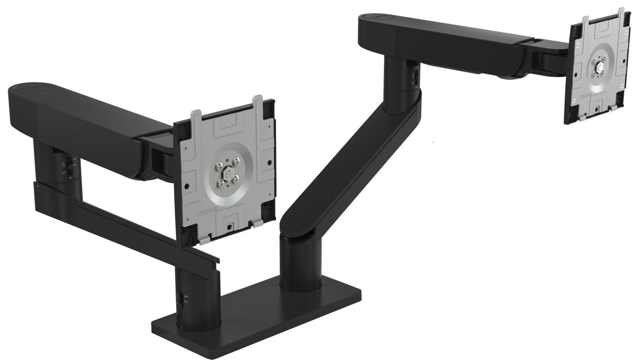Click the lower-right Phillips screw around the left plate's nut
(x=235, y=178)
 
